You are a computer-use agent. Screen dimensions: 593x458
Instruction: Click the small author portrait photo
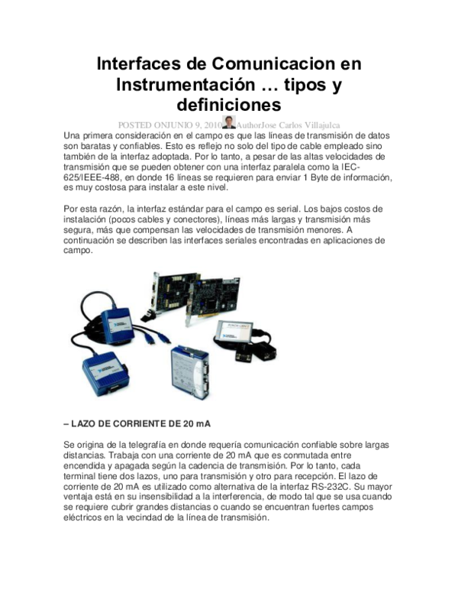(x=229, y=122)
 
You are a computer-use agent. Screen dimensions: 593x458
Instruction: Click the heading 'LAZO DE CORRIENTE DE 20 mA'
(x=136, y=423)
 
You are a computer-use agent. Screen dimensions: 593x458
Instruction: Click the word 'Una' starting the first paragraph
(x=73, y=134)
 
